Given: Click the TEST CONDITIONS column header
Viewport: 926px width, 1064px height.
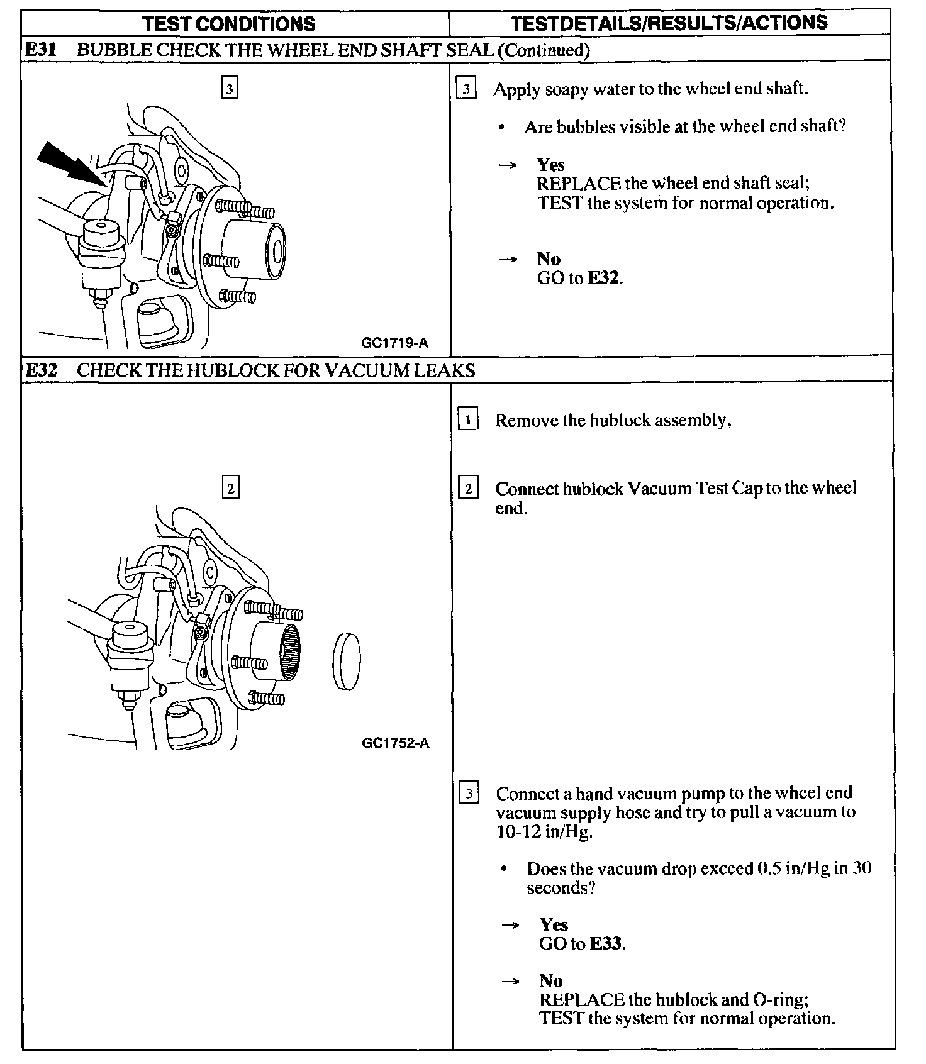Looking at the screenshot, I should tap(229, 23).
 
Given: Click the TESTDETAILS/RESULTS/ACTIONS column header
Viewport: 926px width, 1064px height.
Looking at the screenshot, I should tap(669, 23).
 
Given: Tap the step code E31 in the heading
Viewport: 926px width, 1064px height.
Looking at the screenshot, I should tap(40, 50).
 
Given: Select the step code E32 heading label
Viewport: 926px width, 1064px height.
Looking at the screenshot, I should tap(40, 370).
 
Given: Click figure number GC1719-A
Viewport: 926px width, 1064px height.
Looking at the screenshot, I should tap(395, 343).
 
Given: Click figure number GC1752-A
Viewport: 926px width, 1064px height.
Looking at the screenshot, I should tap(396, 743).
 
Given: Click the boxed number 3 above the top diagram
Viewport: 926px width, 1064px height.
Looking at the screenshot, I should tap(230, 89).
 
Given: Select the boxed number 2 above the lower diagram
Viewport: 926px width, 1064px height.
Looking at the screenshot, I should tap(230, 488).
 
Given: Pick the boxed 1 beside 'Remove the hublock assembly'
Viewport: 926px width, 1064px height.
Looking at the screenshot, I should tap(468, 419).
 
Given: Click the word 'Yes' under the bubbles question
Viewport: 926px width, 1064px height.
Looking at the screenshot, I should tap(550, 165).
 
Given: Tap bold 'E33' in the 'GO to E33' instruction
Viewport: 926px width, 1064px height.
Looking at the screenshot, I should tap(606, 943).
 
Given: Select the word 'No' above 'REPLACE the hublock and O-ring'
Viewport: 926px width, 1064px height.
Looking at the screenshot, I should tap(550, 980).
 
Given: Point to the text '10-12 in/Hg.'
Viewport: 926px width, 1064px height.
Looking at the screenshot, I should tap(544, 831).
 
